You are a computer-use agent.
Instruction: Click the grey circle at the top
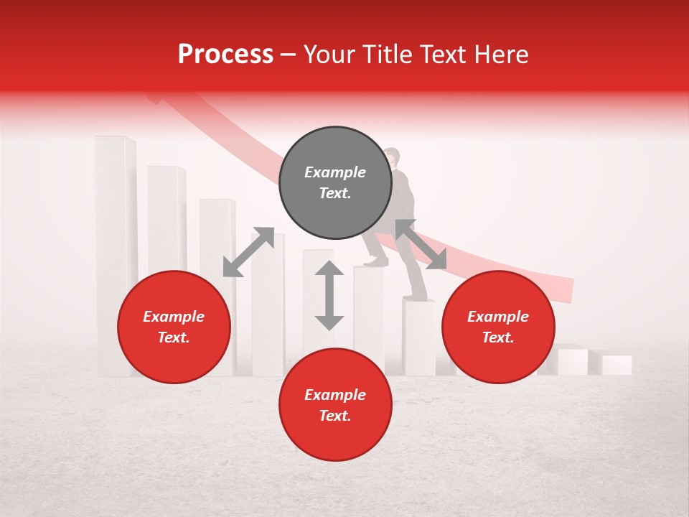(335, 183)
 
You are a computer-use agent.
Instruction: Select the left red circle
(174, 327)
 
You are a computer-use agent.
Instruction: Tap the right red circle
(498, 327)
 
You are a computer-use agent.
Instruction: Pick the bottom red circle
(335, 404)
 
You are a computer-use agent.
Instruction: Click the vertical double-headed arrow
(329, 295)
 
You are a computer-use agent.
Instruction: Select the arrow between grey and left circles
(248, 252)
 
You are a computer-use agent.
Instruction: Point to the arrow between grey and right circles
(421, 245)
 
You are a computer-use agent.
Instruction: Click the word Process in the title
(225, 55)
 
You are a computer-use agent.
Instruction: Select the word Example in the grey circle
(335, 172)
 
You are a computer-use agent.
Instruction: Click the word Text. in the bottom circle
(335, 416)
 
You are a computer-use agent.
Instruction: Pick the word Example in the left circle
(174, 317)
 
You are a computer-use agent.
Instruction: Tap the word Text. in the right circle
(498, 337)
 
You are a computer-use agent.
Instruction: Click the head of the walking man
(392, 156)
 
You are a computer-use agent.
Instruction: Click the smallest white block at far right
(617, 365)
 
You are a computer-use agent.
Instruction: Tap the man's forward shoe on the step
(375, 262)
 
